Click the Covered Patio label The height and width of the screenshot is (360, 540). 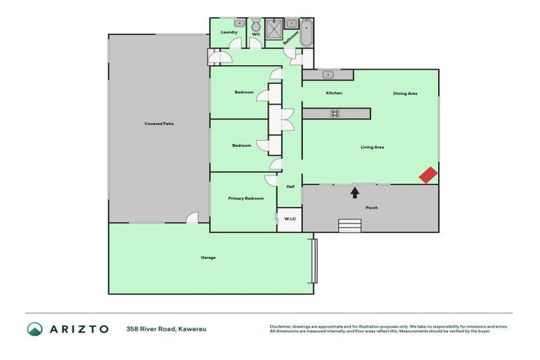coord(159,124)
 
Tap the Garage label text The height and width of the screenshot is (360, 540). coord(208,257)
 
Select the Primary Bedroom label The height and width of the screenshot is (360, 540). coord(246,199)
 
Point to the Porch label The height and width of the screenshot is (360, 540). coord(371,207)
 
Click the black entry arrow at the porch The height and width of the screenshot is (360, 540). coord(355,191)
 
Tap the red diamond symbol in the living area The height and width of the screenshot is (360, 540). coord(428,175)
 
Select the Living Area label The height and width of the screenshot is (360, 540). coord(372,147)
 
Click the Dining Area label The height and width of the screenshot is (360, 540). coord(405,94)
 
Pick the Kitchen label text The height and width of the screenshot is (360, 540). coord(334,93)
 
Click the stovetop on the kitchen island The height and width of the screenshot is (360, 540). coord(335,113)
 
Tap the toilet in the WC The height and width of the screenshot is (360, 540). coord(256,25)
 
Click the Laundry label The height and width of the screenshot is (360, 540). coord(229,32)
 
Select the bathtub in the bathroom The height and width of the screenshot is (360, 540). coord(307,33)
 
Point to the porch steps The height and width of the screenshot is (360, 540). coord(349,225)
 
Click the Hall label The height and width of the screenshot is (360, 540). coord(290,186)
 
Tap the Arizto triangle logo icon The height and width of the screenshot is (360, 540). coord(34,329)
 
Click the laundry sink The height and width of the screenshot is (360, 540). coord(238,23)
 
